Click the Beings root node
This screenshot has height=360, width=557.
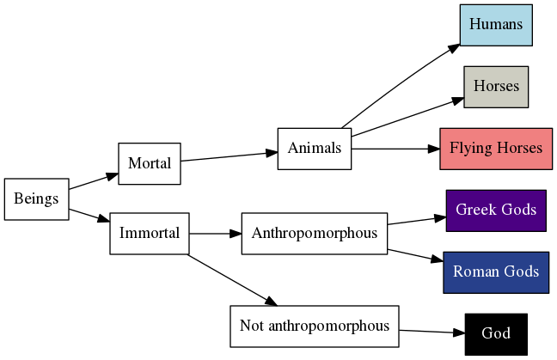pos(36,199)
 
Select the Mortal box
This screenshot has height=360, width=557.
pos(149,163)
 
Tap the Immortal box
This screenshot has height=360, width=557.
pos(149,233)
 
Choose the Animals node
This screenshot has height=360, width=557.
pos(314,149)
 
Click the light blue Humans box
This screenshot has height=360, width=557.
pos(496,24)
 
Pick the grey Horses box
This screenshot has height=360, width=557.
pos(496,87)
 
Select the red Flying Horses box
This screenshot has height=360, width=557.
pos(496,149)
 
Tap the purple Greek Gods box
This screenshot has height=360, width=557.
pos(496,211)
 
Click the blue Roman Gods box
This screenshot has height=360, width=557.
pos(496,272)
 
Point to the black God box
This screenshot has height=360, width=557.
pos(496,334)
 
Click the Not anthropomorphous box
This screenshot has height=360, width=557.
pos(314,326)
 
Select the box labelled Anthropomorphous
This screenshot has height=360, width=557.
pos(314,233)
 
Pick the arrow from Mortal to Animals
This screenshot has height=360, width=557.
pos(229,156)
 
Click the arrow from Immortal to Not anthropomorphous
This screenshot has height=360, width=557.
pos(232,280)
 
